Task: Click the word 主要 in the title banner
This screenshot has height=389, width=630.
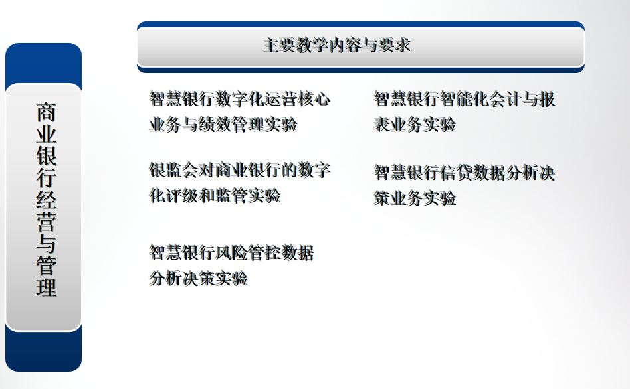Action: coord(279,45)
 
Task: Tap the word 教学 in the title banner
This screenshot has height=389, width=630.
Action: coord(312,45)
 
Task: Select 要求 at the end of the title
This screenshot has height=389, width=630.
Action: coord(395,45)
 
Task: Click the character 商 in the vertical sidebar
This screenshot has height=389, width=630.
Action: coord(47,112)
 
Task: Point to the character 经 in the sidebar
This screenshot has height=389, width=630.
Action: coord(47,200)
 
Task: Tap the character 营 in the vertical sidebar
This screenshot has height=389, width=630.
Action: coord(47,222)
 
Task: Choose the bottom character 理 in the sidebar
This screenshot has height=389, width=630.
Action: coord(47,287)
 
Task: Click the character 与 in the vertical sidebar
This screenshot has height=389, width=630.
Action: coord(47,244)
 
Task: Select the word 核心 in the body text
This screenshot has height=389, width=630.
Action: coord(314,99)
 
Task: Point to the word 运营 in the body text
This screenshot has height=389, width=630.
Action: coord(281,99)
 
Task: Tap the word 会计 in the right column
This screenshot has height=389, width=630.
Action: coord(506,99)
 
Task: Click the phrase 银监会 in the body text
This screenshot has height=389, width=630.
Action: coord(174,170)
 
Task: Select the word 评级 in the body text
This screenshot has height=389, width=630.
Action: coord(182,196)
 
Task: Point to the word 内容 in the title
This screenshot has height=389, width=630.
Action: coord(345,45)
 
